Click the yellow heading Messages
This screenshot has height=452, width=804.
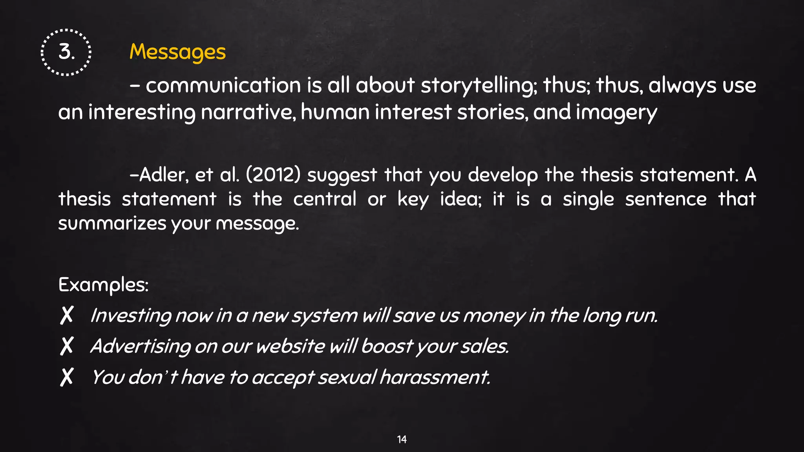177,52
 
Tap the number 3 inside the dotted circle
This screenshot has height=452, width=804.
66,52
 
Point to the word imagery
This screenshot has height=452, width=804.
616,113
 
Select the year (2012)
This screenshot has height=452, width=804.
273,175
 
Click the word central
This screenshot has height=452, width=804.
325,199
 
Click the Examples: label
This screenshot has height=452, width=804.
103,285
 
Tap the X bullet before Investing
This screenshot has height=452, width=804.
67,315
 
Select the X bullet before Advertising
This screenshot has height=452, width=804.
67,346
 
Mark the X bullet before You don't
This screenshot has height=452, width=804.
67,377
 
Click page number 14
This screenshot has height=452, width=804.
402,439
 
